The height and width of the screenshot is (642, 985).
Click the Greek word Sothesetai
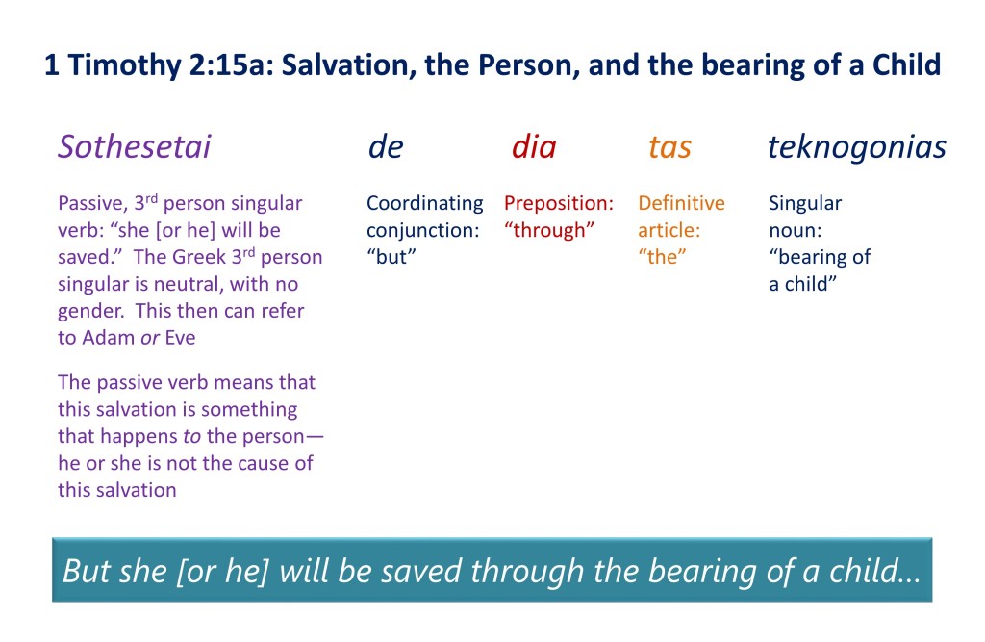coord(135,146)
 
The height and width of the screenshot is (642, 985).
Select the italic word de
coord(386,146)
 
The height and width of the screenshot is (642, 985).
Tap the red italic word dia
coord(534,146)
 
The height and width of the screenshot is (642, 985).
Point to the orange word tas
coord(669,147)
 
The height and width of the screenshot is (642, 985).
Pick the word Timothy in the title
coord(124,65)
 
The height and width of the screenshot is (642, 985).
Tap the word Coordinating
coord(425,203)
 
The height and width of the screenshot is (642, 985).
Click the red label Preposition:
coord(559,203)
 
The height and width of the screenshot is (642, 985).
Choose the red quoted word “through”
coord(549,230)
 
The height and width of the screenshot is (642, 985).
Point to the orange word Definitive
coord(682,202)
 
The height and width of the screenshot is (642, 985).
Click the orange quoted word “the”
coord(662,257)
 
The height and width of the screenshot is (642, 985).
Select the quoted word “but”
coord(391,257)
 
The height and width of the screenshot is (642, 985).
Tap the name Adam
coord(108,338)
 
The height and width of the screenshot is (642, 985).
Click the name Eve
coord(180,338)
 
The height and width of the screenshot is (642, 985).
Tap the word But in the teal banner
coord(83,571)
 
